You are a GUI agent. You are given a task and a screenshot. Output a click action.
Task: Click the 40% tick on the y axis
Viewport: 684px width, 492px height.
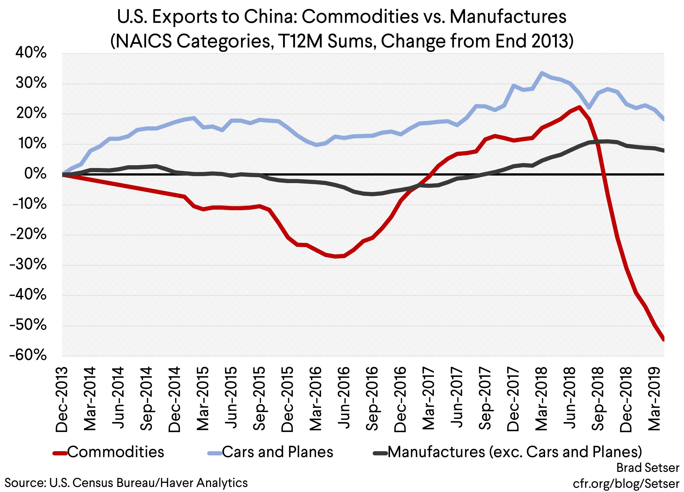(x=31, y=53)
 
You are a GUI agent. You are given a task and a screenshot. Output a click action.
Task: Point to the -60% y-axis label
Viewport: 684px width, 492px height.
(x=28, y=355)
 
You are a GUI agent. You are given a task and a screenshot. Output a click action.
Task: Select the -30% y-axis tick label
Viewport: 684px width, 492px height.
(x=28, y=265)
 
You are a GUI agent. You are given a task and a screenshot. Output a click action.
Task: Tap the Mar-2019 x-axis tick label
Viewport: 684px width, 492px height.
(x=654, y=399)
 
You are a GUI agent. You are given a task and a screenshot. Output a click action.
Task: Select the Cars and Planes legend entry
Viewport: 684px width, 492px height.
(x=277, y=452)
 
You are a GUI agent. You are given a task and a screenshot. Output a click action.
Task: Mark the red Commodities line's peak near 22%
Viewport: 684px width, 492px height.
(x=579, y=107)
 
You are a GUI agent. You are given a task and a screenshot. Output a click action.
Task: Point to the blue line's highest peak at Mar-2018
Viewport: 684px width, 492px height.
(x=542, y=73)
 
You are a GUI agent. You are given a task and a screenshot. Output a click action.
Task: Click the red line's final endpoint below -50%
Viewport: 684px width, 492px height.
(x=664, y=339)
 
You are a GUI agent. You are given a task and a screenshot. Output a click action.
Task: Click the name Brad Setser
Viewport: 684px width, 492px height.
(x=648, y=468)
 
